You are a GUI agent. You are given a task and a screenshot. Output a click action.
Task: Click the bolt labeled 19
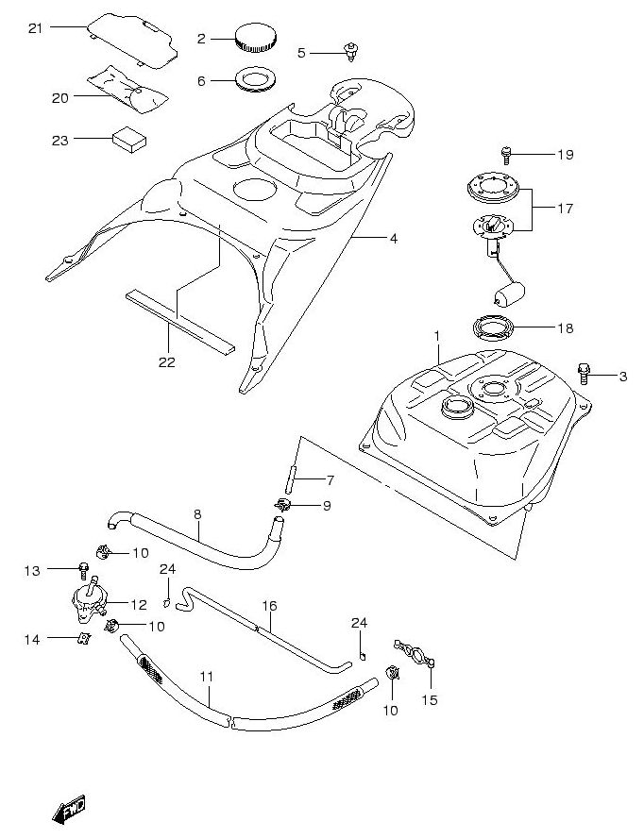click(506, 152)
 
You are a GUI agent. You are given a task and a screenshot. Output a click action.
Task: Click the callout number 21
click(36, 28)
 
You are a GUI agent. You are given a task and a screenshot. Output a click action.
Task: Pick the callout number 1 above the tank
click(437, 335)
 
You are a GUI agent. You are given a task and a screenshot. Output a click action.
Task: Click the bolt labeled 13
click(85, 570)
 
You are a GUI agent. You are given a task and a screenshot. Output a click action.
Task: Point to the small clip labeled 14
click(84, 641)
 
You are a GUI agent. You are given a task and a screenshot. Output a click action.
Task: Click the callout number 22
click(167, 361)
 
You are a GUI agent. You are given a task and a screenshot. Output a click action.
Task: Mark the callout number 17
click(565, 209)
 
